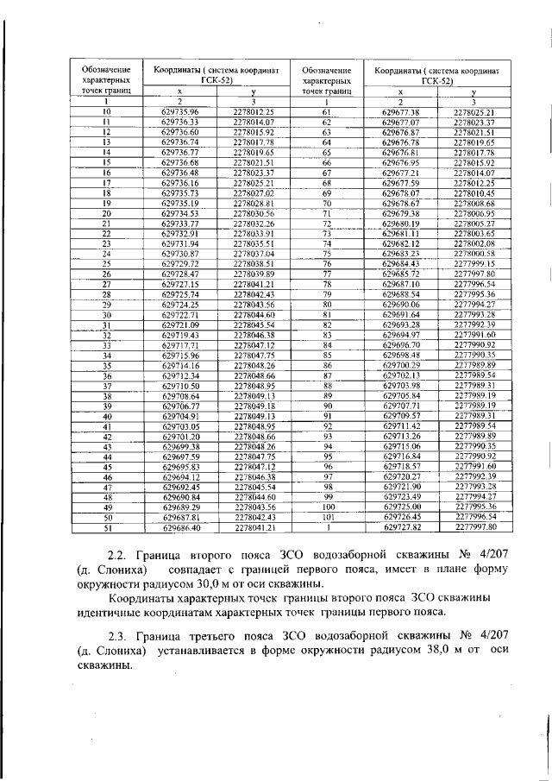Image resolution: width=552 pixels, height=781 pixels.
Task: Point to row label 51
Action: tap(107, 526)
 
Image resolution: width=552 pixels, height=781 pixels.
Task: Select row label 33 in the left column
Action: tap(107, 344)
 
